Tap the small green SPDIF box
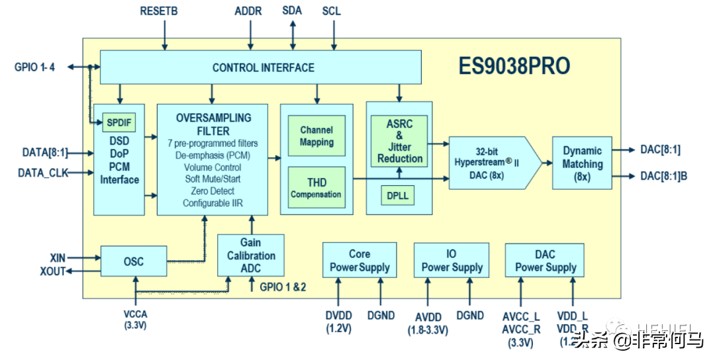point(119,122)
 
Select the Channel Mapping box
point(316,136)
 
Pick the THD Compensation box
point(316,188)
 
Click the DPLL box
point(398,196)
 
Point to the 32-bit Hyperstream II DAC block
point(490,163)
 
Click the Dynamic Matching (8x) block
point(582,163)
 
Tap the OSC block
point(133,261)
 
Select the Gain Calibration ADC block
point(251,255)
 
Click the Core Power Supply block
point(359,261)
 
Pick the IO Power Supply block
point(452,261)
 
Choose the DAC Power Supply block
point(545,261)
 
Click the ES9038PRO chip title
point(514,67)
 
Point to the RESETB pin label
point(159,11)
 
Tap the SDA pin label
point(293,11)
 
